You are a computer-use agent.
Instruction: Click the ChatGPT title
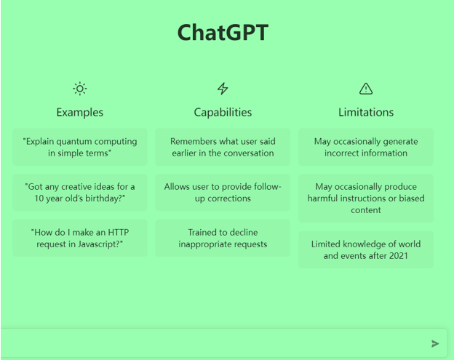click(x=223, y=33)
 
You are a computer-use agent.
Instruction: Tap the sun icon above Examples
click(x=80, y=89)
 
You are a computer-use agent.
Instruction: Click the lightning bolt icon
click(x=223, y=89)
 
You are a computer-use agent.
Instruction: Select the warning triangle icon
click(x=366, y=89)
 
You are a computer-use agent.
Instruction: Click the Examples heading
click(x=80, y=112)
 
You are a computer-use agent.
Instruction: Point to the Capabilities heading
click(x=223, y=112)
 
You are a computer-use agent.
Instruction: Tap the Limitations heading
click(x=366, y=112)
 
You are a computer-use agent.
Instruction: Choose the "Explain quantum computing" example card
click(x=80, y=147)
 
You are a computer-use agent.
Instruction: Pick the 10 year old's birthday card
click(x=80, y=193)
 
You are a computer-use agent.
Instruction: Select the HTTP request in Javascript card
click(x=80, y=238)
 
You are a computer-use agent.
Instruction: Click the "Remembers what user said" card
click(x=223, y=147)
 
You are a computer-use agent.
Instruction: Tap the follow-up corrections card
click(x=223, y=193)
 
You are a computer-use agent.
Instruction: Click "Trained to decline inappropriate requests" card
click(x=223, y=238)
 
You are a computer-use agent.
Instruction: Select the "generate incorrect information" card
click(x=366, y=147)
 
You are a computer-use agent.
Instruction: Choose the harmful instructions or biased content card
click(x=366, y=199)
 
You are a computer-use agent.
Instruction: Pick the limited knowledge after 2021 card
click(x=366, y=249)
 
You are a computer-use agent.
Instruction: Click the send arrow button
click(x=435, y=343)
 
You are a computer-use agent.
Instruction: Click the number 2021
click(x=399, y=256)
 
